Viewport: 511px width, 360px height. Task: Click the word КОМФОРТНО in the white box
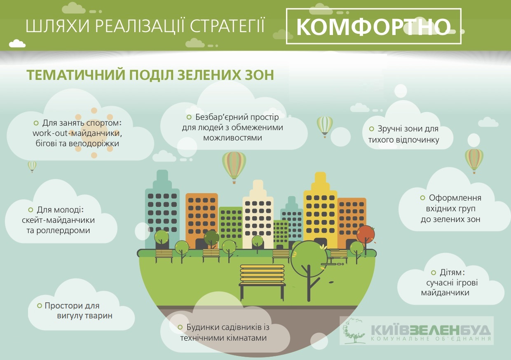(x=373, y=27)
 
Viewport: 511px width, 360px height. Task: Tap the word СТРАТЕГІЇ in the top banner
(x=227, y=26)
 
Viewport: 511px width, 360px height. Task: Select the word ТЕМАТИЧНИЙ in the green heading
(x=76, y=75)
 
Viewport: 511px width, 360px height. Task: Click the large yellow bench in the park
(x=262, y=282)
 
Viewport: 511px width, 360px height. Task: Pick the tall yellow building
(x=320, y=210)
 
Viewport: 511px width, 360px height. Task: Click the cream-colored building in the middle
(x=258, y=214)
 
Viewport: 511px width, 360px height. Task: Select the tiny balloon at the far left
(x=32, y=166)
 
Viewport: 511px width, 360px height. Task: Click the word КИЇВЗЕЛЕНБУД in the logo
(x=431, y=330)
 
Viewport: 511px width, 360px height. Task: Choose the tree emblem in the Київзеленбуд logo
(x=353, y=331)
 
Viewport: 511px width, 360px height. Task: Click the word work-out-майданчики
(x=77, y=133)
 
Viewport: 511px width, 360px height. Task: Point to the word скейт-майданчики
(x=58, y=220)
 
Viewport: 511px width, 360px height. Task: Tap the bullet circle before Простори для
(x=40, y=306)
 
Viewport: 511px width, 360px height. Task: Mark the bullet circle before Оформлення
(x=422, y=198)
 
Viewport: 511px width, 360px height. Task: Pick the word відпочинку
(x=417, y=140)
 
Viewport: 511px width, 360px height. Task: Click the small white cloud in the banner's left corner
(x=17, y=43)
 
